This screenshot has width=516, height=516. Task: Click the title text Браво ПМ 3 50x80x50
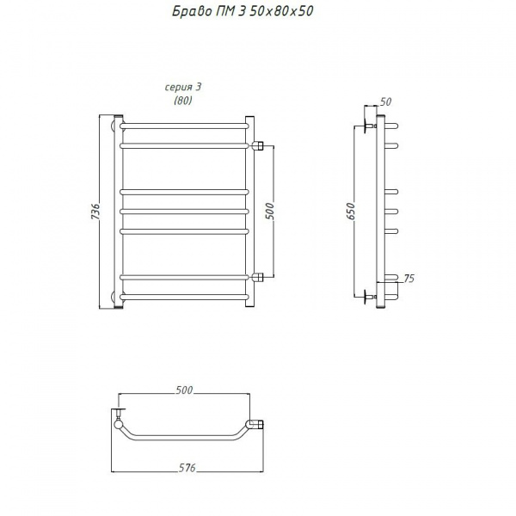point(243,12)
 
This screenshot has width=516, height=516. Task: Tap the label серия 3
point(183,87)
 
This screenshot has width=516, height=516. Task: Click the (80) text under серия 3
point(183,101)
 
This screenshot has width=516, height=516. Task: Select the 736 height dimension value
point(95,212)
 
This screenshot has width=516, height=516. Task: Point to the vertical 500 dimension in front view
point(269,212)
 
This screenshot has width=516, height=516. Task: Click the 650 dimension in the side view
point(351,212)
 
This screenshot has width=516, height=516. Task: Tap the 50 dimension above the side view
point(385,101)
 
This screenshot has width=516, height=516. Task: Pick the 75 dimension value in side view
point(408,279)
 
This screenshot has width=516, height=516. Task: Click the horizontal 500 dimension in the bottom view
point(184,390)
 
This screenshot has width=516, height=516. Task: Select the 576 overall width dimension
point(187,468)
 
